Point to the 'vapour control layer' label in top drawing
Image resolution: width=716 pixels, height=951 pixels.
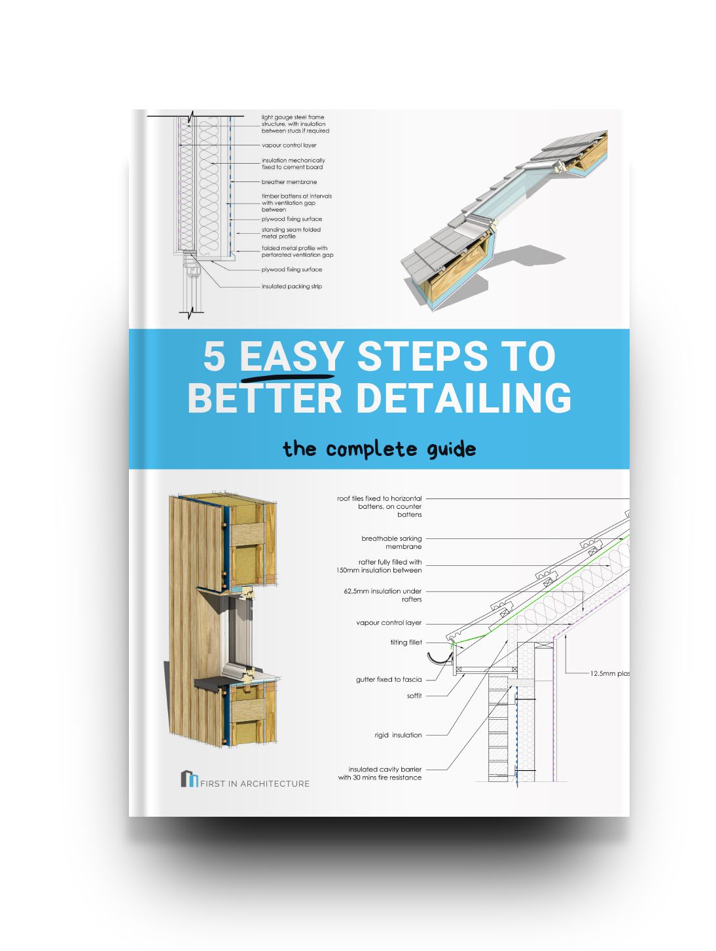pyautogui.click(x=289, y=145)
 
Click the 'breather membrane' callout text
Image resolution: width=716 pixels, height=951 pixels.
pyautogui.click(x=289, y=182)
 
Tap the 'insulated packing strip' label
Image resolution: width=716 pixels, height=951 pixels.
pyautogui.click(x=291, y=286)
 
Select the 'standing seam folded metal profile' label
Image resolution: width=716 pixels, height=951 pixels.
pyautogui.click(x=291, y=233)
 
